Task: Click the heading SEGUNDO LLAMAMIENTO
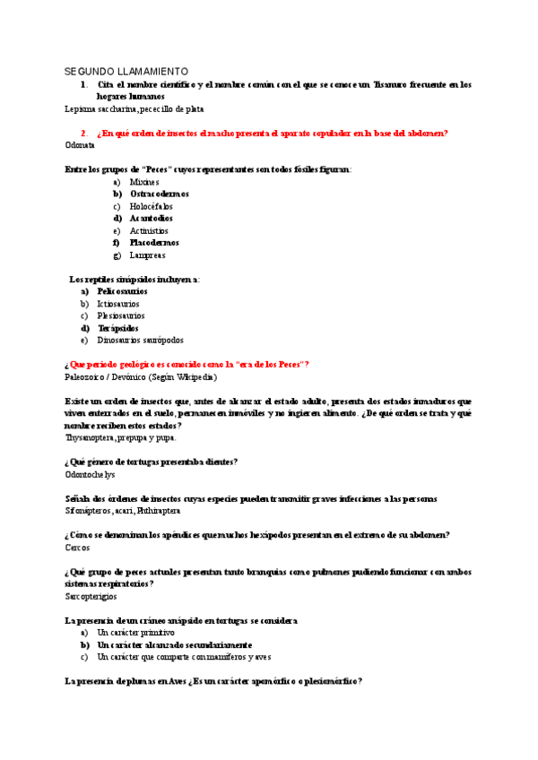point(126,71)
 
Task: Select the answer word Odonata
point(80,144)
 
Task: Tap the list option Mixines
point(144,181)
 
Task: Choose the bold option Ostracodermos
point(159,194)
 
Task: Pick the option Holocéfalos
point(151,206)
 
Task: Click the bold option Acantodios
point(151,218)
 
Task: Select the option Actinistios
point(149,230)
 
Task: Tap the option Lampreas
point(147,255)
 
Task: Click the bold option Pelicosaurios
point(122,291)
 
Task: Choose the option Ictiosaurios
point(120,304)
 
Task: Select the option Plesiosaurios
point(121,315)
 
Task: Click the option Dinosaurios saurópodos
point(140,340)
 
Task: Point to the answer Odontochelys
point(90,474)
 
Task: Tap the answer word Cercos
point(78,547)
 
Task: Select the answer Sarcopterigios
point(91,595)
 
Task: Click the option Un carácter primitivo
point(135,632)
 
